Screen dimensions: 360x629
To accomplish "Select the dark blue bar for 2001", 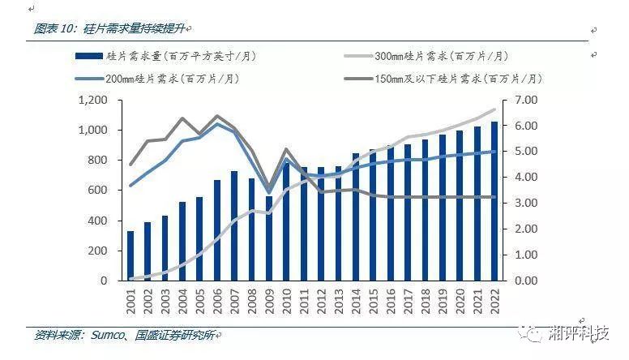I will (131, 255).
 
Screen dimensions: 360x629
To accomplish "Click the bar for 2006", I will (217, 230).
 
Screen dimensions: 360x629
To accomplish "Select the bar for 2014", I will (356, 216).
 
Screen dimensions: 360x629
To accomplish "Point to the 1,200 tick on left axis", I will (93, 100).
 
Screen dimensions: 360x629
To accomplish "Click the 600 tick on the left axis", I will (98, 190).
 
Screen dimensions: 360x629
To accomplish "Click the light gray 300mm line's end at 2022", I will (494, 109).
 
